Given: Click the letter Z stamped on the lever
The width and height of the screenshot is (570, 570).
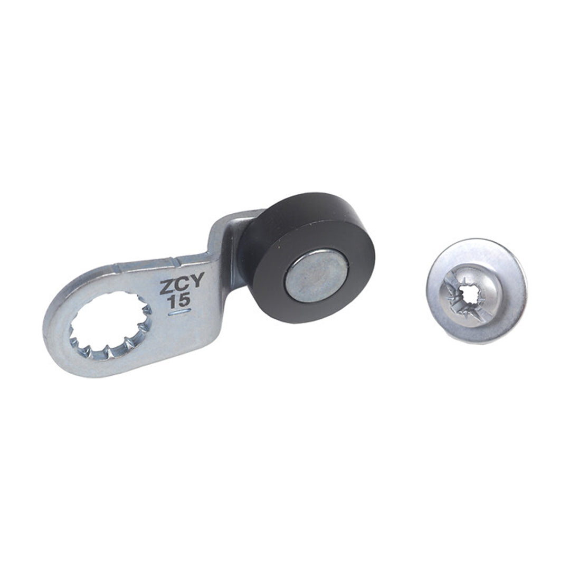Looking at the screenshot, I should point(167,288).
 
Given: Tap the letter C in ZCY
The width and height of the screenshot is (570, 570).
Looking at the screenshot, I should point(181,285).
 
